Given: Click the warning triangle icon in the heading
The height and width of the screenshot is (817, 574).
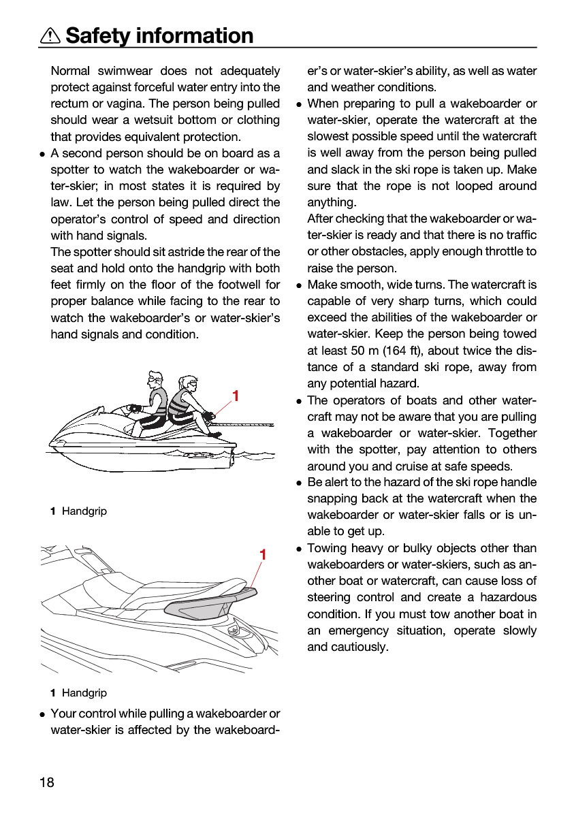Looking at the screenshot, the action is click(50, 36).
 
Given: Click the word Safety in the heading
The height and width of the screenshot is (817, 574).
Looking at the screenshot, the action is click(98, 35).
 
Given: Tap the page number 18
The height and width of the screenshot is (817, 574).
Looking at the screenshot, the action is click(47, 782).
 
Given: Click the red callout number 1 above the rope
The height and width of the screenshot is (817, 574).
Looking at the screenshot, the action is click(236, 396).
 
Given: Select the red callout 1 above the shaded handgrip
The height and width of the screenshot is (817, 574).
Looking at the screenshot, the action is click(263, 555).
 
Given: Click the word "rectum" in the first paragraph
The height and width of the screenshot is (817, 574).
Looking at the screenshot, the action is click(69, 104).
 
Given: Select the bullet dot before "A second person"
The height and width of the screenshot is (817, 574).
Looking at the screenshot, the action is click(42, 155).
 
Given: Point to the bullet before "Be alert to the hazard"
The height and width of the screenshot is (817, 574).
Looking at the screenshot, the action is click(299, 483).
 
